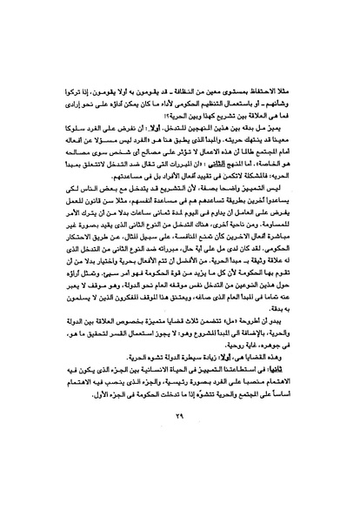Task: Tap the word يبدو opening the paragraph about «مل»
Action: (298, 346)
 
